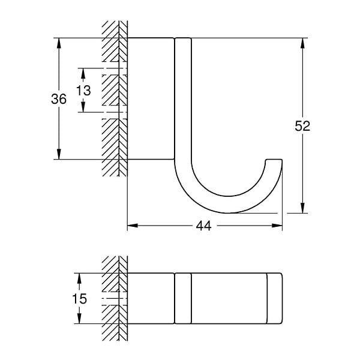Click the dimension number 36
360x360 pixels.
point(59,99)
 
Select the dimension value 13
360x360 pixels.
point(83,90)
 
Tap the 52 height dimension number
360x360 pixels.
point(302,126)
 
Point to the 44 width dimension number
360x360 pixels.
point(203,226)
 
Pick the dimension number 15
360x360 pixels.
point(79,299)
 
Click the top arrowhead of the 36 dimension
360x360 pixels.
point(59,43)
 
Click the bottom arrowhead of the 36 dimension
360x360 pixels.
point(59,154)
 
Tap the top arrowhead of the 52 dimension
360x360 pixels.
point(302,43)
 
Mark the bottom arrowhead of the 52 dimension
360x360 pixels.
point(302,208)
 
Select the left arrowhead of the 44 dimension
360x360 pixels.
point(133,226)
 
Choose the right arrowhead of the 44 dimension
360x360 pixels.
point(277,226)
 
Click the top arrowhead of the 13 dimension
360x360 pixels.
point(83,73)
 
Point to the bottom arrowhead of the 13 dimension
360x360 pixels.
point(83,107)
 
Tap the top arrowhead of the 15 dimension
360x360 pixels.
point(79,278)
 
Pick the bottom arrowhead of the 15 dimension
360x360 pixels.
point(79,319)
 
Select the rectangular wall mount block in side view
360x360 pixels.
point(151,98)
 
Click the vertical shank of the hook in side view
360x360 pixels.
point(183,99)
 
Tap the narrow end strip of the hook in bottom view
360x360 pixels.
point(275,298)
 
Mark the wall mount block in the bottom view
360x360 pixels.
point(151,298)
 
